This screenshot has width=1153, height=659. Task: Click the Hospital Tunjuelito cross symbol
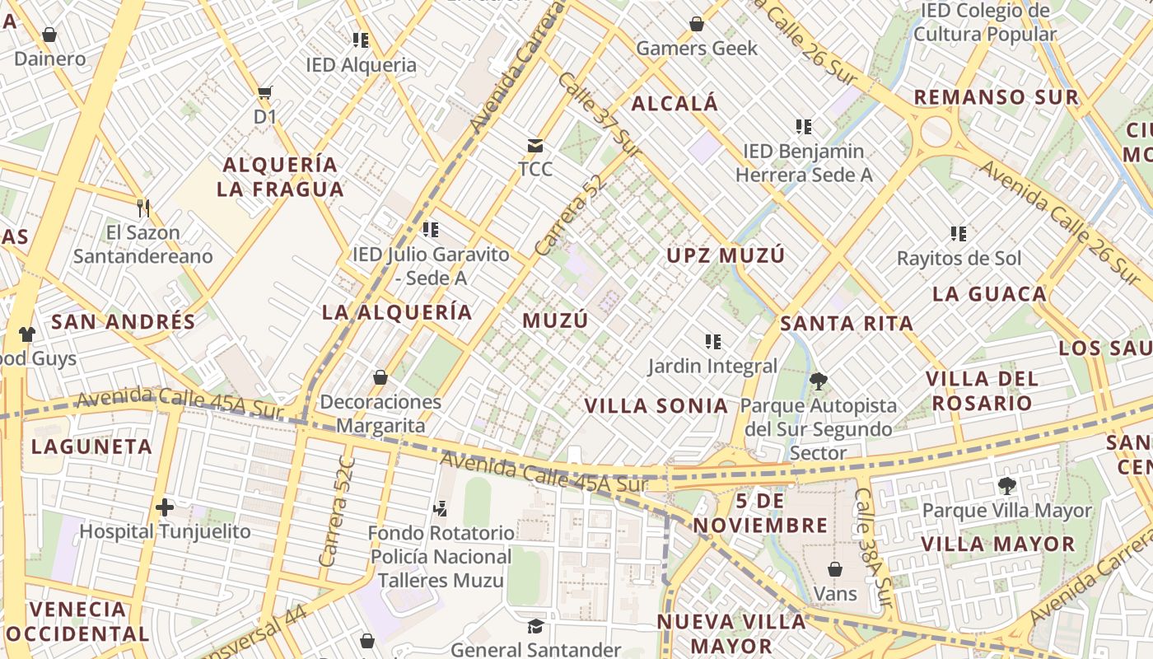point(165,507)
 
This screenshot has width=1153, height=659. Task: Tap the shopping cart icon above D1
point(264,92)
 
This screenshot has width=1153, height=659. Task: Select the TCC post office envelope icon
point(535,146)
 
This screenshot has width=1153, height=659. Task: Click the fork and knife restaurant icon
point(143,208)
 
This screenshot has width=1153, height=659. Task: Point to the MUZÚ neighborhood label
point(556,320)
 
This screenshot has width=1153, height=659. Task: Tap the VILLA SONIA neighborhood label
point(656,405)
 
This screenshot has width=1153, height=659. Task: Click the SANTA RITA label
point(847,323)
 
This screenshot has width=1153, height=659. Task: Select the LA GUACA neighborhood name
point(989,294)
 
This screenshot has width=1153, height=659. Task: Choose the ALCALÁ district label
point(675,104)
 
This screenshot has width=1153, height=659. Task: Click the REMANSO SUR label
point(996,97)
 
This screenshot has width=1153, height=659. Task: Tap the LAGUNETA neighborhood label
point(92,447)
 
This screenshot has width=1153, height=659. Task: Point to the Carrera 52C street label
point(337,511)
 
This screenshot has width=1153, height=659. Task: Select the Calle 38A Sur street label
point(873,549)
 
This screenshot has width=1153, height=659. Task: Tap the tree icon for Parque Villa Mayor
point(1006,485)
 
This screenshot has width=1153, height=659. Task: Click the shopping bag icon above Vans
point(834,569)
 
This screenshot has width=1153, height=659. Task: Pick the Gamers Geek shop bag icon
point(697,24)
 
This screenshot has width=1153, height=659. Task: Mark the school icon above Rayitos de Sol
point(958,234)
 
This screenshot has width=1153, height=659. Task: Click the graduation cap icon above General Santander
point(535,627)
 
